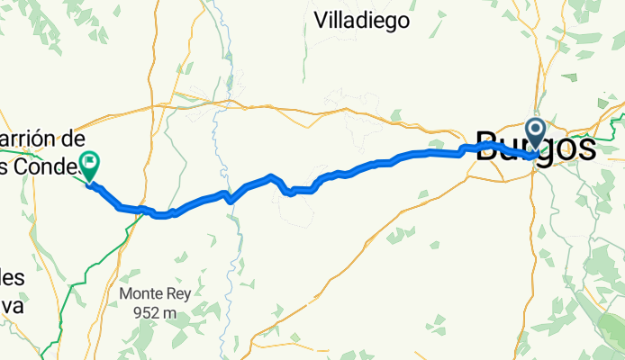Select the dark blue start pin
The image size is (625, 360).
535,135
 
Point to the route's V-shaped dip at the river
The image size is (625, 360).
230,200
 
